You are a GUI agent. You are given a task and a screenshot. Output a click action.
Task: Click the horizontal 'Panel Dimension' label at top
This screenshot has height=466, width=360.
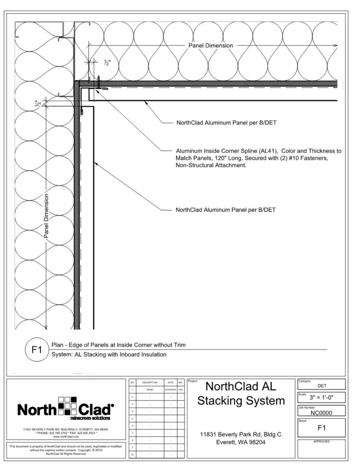tap(211, 46)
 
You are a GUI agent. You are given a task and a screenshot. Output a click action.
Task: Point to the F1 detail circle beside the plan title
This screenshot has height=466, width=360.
tap(36, 351)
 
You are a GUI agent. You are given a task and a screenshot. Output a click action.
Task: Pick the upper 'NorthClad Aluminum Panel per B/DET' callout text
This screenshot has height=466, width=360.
tap(225, 123)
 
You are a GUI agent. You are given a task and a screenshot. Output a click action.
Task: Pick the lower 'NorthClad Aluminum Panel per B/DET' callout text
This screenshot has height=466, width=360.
tap(225, 210)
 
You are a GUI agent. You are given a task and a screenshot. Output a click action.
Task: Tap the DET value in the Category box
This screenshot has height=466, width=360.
tap(321, 386)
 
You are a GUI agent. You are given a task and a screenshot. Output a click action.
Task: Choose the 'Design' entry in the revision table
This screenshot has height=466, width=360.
tap(150, 390)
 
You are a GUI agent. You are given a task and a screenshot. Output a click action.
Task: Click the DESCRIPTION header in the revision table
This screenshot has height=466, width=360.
tap(150, 382)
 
